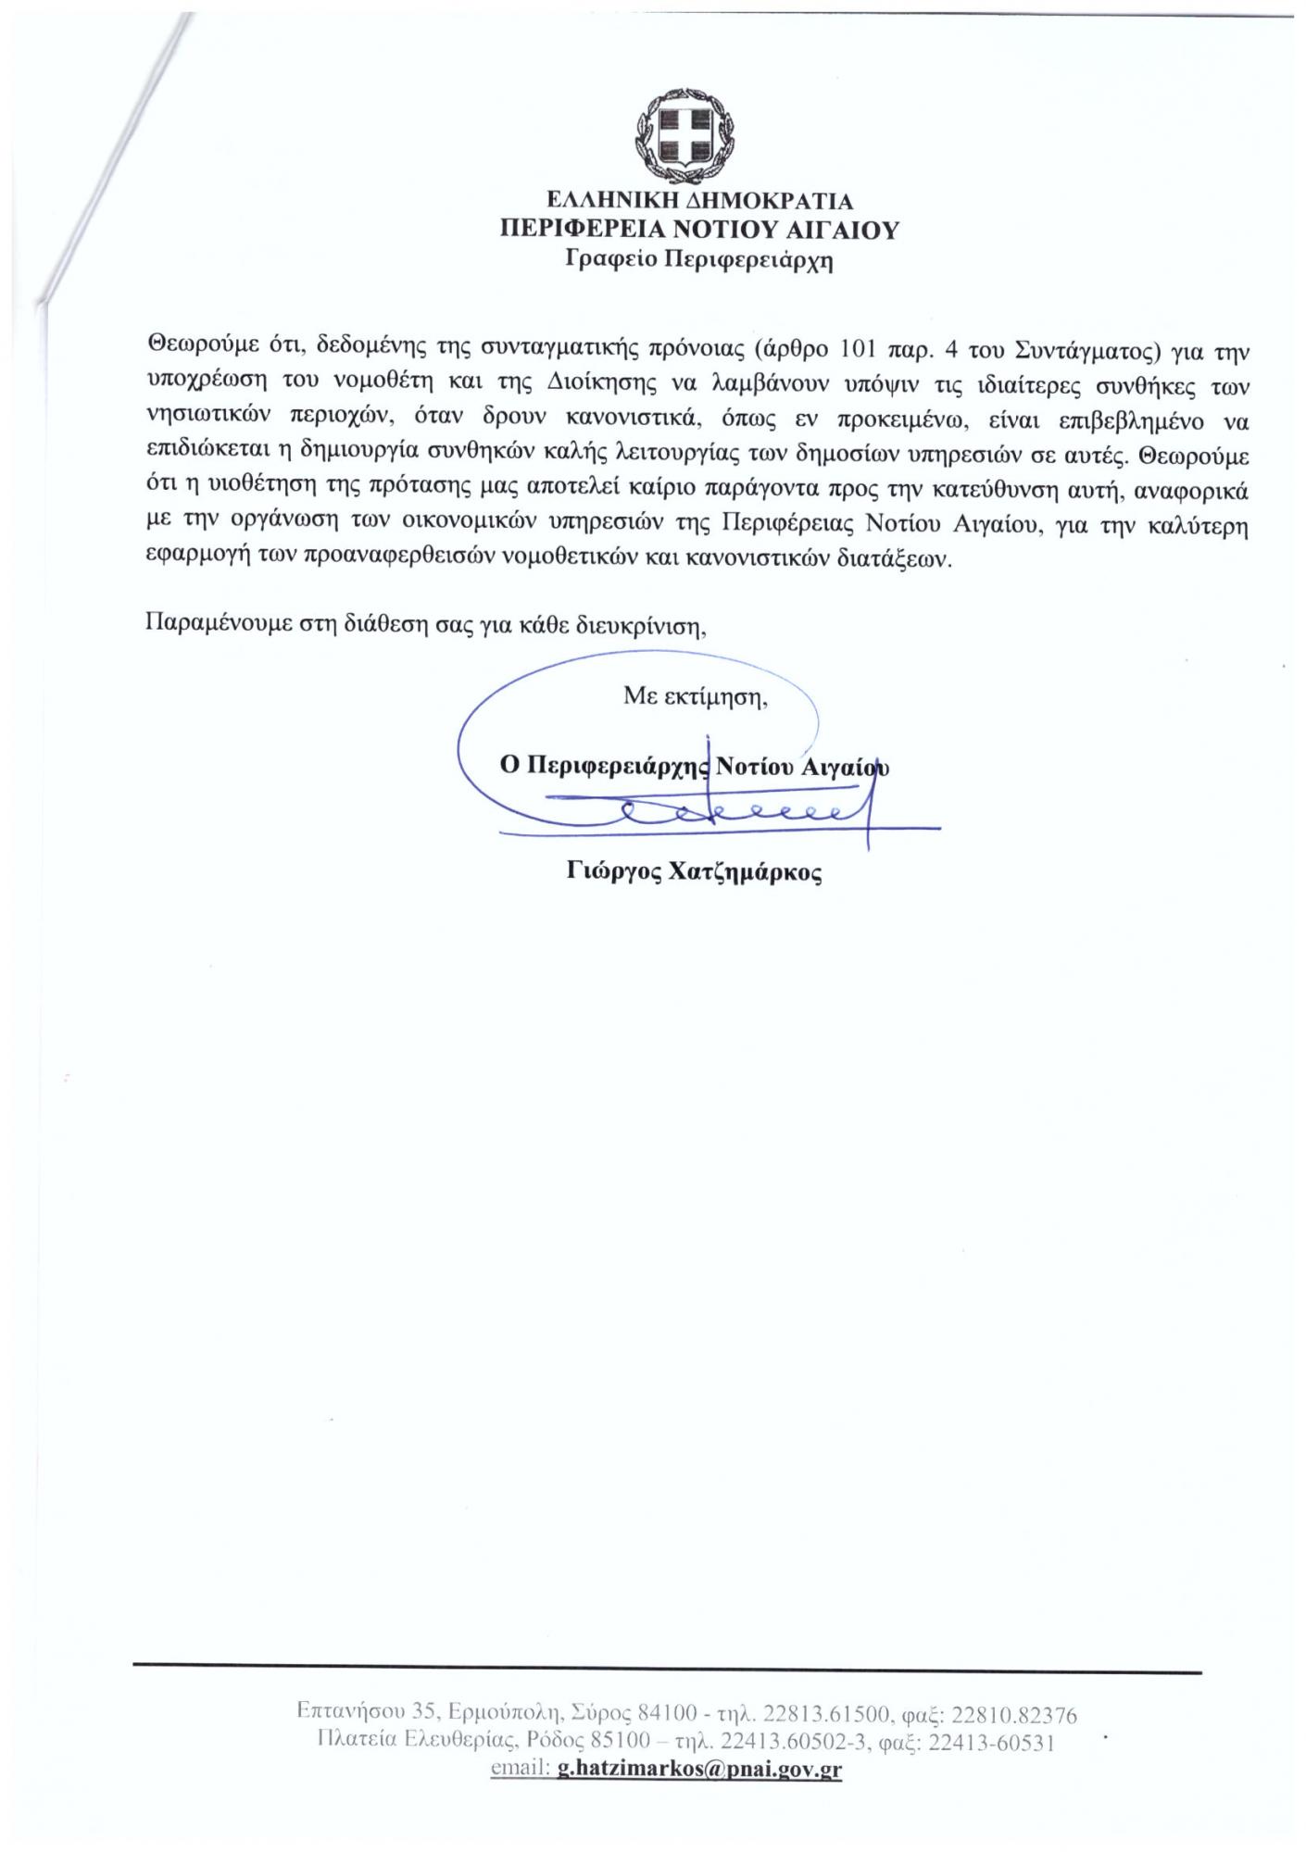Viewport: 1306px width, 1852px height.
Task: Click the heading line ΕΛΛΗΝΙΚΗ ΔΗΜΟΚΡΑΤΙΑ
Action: click(699, 201)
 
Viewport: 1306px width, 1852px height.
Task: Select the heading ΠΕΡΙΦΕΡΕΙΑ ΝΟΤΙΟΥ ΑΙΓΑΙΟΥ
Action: click(699, 230)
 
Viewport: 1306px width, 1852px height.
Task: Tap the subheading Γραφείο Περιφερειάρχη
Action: click(699, 260)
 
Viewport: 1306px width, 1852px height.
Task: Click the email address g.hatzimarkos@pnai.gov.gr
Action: click(699, 1769)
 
